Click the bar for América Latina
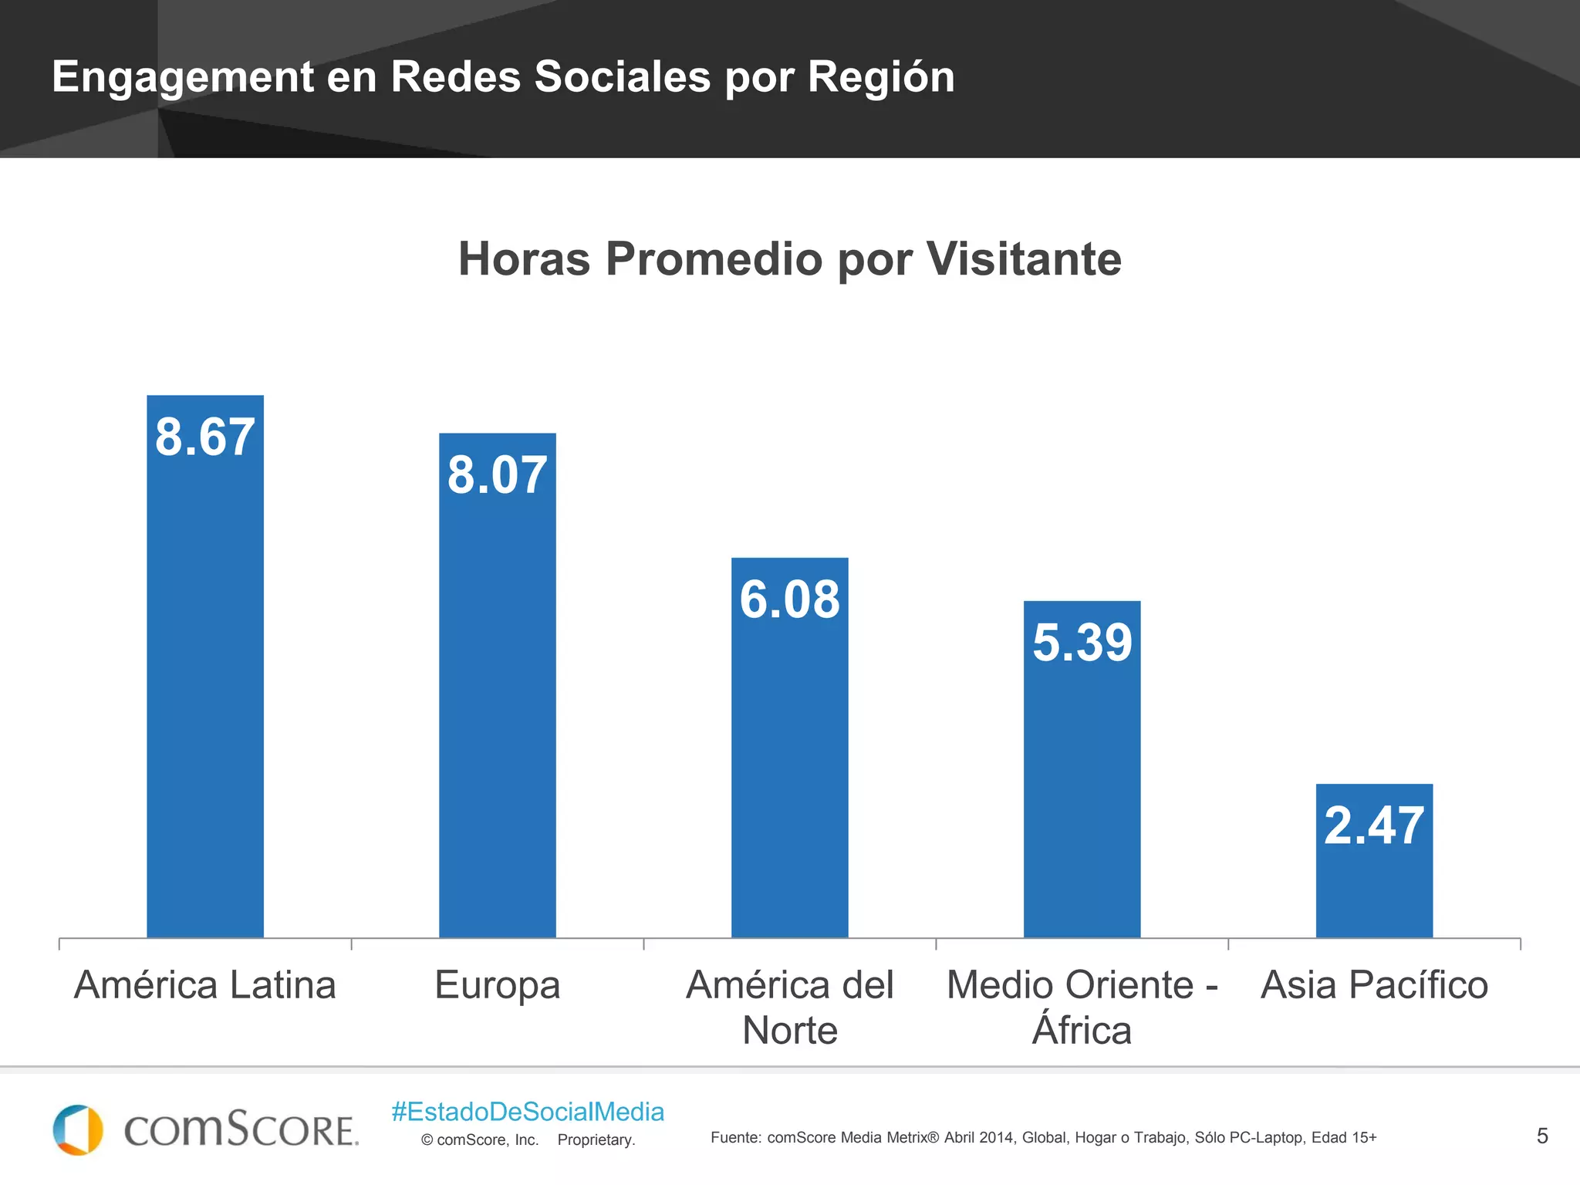[x=205, y=694]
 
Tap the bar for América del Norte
[x=789, y=771]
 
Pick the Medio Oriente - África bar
[x=1082, y=795]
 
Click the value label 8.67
[x=205, y=437]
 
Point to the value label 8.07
[x=498, y=475]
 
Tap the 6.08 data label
[x=789, y=599]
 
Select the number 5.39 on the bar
[x=1082, y=643]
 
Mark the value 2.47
[x=1374, y=826]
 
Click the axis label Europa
[x=498, y=985]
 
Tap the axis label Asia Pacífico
[x=1374, y=985]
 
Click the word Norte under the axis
[x=789, y=1031]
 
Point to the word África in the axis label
[x=1082, y=1029]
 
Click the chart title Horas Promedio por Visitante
[x=789, y=258]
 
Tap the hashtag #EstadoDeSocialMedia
[x=528, y=1112]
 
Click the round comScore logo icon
[x=78, y=1130]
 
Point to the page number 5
[x=1542, y=1136]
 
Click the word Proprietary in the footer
[x=596, y=1140]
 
